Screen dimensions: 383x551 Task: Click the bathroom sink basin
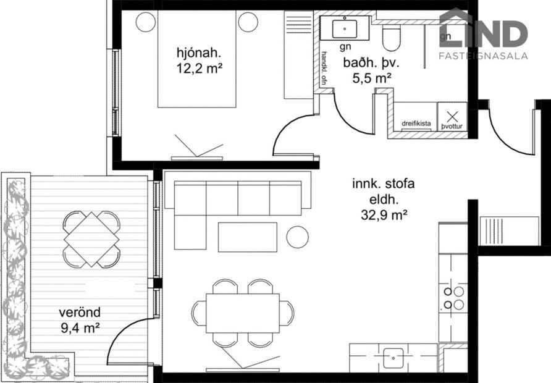coord(342,28)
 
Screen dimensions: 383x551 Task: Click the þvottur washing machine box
coord(452,117)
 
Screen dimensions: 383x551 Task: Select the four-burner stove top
coord(453,298)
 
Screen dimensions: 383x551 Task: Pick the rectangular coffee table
coord(247,237)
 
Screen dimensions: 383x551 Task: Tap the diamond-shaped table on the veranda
coord(91,239)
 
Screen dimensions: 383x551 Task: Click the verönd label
coord(80,312)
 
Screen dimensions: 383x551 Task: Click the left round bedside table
coord(145,22)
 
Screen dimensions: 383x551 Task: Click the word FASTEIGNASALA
coord(483,56)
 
